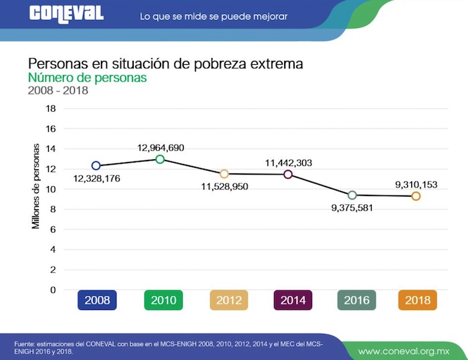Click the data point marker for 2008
click(x=96, y=165)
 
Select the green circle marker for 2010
click(x=160, y=159)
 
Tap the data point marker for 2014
click(x=288, y=174)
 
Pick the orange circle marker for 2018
click(x=416, y=196)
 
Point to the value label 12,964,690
click(x=160, y=147)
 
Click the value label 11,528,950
click(x=225, y=186)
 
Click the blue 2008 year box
click(x=97, y=300)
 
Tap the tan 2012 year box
click(x=229, y=300)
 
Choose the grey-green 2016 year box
click(x=357, y=300)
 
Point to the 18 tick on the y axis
click(x=51, y=108)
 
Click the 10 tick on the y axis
click(x=51, y=189)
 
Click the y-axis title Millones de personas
click(x=36, y=186)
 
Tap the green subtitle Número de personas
click(x=87, y=78)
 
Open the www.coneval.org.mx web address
click(x=402, y=351)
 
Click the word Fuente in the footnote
click(x=25, y=344)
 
